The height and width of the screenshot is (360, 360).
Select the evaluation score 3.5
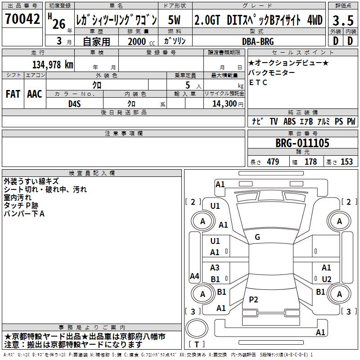[342, 20]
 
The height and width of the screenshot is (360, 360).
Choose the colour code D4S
[74, 103]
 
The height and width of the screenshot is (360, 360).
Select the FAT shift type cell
[13, 94]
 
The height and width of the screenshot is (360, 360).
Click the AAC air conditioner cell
[34, 94]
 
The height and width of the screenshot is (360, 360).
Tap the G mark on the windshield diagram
[257, 237]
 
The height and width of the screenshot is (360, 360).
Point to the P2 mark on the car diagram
[254, 300]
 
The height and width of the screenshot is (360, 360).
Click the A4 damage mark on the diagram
[194, 276]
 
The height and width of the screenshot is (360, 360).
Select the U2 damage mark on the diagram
[327, 279]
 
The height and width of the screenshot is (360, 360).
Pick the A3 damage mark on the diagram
[215, 268]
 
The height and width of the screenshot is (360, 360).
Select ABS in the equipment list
[289, 121]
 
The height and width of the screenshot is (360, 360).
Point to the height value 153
[346, 162]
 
